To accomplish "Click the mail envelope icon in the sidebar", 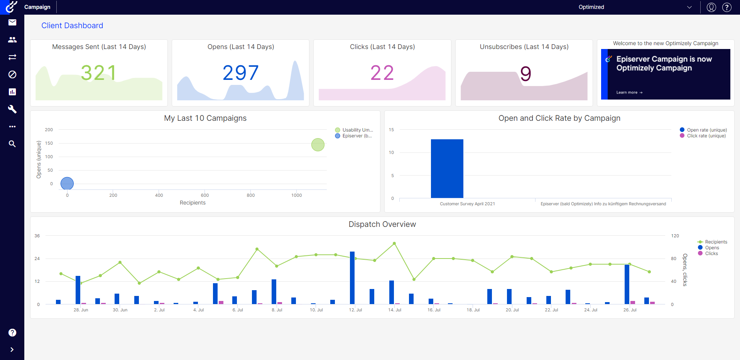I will [x=12, y=22].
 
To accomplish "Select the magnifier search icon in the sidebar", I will [x=12, y=144].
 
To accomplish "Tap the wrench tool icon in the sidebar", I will [x=12, y=109].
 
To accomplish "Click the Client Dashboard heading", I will [x=72, y=25].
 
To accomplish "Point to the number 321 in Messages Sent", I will [x=99, y=73].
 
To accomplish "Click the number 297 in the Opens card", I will [x=240, y=73].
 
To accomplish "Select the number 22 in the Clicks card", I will [x=382, y=73].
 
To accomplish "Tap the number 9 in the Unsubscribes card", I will [x=525, y=74].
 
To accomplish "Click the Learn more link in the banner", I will [x=629, y=93].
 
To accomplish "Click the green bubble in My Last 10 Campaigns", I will [x=318, y=145].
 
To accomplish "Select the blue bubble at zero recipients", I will [x=67, y=184].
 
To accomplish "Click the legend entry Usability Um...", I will [x=357, y=130].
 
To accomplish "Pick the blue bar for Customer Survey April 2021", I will [x=447, y=169].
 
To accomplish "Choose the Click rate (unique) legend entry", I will [x=706, y=136].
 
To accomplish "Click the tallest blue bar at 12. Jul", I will [x=352, y=277].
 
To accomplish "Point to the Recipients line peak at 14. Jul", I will [x=394, y=243].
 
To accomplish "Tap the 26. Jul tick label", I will [x=630, y=310].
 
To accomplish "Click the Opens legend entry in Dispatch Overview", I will [x=712, y=248].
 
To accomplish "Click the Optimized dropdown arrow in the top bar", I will [x=689, y=7].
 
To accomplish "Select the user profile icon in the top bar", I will [x=711, y=7].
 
